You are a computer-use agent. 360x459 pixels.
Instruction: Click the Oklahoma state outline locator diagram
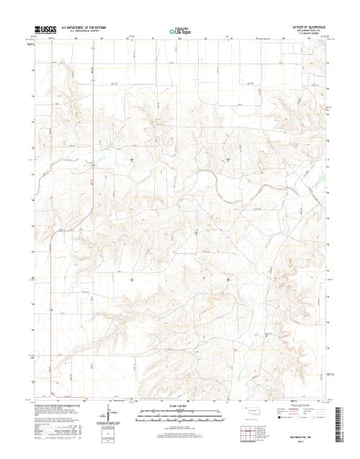[248, 415]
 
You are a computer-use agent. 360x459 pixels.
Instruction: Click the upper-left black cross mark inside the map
[131, 159]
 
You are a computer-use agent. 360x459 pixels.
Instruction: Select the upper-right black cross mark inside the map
[229, 159]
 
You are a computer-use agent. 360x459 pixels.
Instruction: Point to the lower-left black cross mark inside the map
[131, 279]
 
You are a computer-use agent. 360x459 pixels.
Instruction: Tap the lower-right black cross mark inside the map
[229, 279]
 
